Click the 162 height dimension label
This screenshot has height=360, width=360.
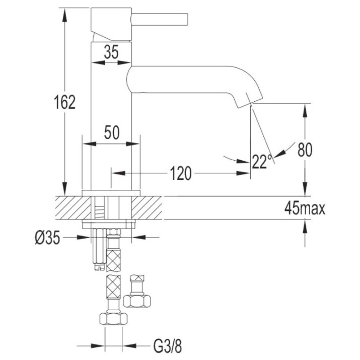coord(65,102)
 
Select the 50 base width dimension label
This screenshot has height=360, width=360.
coord(112,132)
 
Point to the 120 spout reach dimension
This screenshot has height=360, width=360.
coord(181,173)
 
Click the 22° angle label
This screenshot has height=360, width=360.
coord(262,162)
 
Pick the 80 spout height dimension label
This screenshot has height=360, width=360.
coord(305,150)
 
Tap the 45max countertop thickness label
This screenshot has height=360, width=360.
coord(305,208)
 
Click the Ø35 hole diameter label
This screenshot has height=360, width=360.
coord(47,237)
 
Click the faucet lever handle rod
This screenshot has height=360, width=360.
coord(160,19)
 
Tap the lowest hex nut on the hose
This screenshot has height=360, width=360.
coord(113,318)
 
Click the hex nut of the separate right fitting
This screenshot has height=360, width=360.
coord(137,301)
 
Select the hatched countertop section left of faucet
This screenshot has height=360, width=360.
coord(73,207)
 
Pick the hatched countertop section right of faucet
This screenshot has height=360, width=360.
coord(147,207)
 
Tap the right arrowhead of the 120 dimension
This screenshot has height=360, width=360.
coord(243,173)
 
